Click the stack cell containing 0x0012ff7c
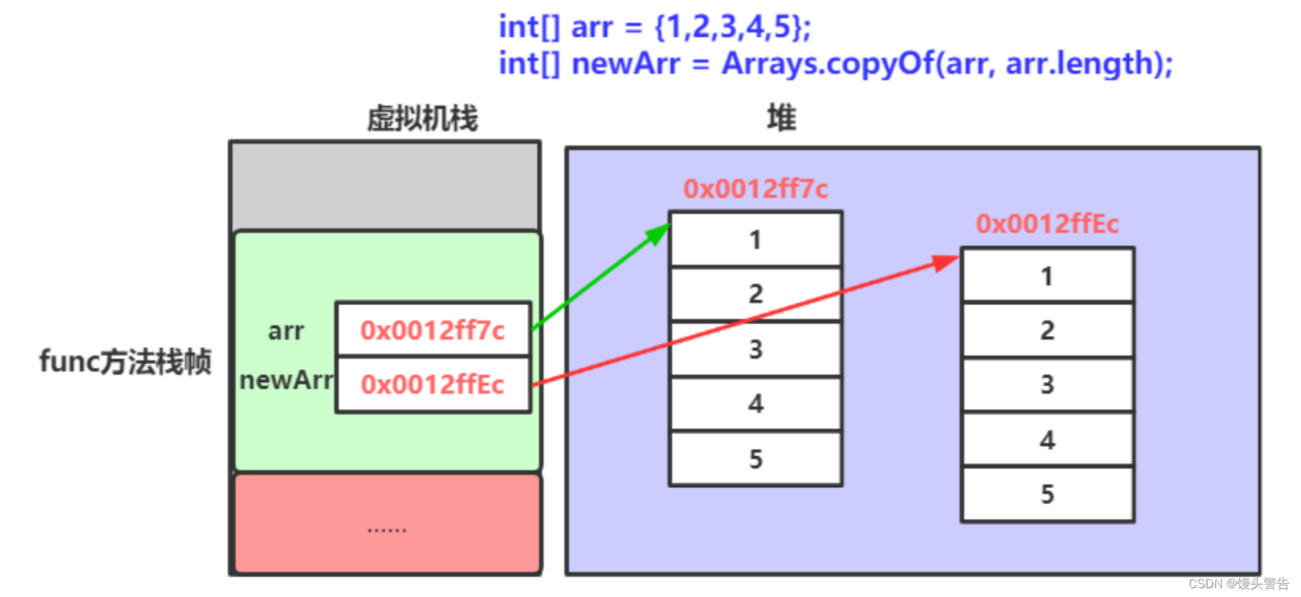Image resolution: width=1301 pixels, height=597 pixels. click(433, 329)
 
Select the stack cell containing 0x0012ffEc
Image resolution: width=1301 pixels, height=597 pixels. click(433, 384)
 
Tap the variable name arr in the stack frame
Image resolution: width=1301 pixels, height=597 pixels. click(286, 331)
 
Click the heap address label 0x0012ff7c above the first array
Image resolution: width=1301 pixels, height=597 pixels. click(755, 189)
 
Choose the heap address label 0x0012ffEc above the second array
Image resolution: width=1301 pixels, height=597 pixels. click(1047, 224)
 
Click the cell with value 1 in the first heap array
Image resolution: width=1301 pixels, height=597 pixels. click(755, 240)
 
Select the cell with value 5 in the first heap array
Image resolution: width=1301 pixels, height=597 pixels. click(755, 458)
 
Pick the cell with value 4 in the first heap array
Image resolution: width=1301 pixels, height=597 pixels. click(755, 403)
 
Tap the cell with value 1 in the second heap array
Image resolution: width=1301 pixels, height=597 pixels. click(1047, 276)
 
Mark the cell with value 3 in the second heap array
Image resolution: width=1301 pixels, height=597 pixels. click(1047, 384)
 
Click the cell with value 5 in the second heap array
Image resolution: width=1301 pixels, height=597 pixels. click(1047, 494)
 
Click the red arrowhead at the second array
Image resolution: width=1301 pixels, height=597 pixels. click(946, 262)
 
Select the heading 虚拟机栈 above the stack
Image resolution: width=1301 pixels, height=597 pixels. click(423, 118)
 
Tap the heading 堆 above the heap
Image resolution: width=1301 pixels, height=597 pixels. click(781, 118)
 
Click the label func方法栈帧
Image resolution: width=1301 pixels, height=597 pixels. click(125, 362)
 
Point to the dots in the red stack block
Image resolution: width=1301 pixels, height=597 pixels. click(386, 529)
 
